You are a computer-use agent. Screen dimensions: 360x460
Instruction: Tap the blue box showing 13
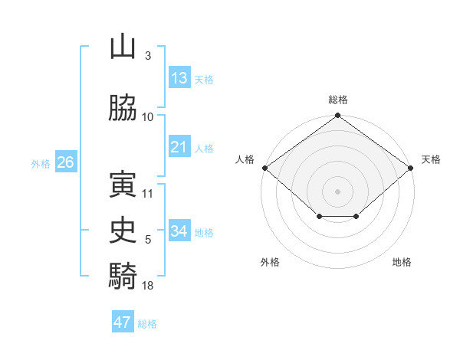(179, 78)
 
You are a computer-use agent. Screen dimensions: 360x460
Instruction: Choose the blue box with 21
(179, 147)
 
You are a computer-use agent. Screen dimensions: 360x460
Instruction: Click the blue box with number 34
(179, 231)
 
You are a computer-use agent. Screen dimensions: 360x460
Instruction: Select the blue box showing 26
(65, 162)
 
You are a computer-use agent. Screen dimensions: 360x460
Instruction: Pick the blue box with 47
(123, 322)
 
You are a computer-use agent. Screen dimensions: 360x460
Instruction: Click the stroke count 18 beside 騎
(148, 286)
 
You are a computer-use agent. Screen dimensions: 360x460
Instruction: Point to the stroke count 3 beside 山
(147, 56)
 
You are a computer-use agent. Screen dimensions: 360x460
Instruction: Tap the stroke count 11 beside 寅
(148, 193)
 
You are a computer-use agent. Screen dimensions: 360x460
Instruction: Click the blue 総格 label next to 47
(147, 324)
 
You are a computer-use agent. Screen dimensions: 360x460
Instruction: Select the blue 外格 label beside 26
(41, 164)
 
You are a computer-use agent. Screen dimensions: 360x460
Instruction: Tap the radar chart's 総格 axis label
(338, 100)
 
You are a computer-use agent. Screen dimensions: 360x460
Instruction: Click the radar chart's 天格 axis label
(431, 159)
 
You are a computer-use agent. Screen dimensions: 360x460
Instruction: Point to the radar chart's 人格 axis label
(245, 159)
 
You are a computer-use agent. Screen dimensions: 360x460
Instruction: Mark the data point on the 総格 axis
(338, 116)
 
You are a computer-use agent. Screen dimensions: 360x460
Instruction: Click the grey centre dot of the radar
(338, 191)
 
